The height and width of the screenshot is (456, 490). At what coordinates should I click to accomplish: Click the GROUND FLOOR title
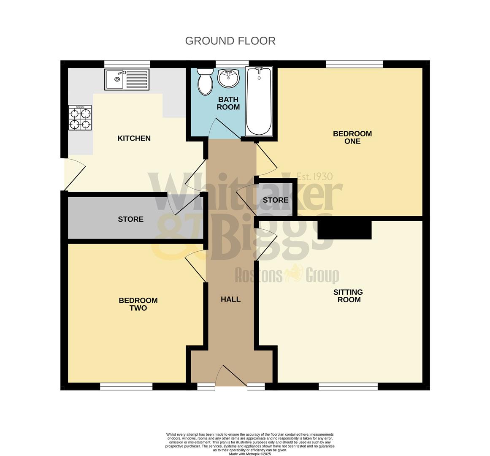[230, 41]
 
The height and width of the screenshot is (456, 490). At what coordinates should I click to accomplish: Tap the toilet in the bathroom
[206, 81]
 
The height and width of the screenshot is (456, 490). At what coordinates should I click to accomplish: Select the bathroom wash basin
[228, 79]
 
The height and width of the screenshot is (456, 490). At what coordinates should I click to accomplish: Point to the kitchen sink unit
[127, 79]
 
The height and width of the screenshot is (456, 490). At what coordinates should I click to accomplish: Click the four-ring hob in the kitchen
[80, 118]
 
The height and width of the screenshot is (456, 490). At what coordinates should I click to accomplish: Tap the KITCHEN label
[134, 138]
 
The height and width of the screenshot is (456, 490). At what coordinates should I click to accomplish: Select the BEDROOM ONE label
[352, 137]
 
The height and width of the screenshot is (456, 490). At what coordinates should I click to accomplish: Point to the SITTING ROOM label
[348, 296]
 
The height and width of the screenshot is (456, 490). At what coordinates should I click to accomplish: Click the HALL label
[230, 299]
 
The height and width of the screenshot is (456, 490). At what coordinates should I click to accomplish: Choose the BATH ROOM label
[228, 103]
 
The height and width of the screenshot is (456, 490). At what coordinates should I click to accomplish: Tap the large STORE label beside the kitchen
[130, 219]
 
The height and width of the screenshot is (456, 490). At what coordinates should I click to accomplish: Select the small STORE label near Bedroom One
[275, 200]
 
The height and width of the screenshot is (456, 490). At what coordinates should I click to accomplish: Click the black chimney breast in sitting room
[344, 230]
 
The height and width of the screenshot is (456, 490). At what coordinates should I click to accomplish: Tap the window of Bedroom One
[354, 64]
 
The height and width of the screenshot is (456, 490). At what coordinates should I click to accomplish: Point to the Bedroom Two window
[126, 386]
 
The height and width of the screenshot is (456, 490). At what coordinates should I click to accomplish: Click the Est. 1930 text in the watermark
[314, 176]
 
